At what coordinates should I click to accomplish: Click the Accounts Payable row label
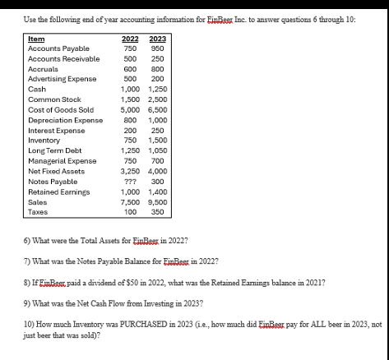pos(56,48)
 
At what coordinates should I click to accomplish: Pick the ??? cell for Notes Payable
pos(129,181)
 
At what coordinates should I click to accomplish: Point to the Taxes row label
pos(38,211)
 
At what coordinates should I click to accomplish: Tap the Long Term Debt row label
pos(53,150)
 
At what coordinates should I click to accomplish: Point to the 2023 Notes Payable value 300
pos(159,181)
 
